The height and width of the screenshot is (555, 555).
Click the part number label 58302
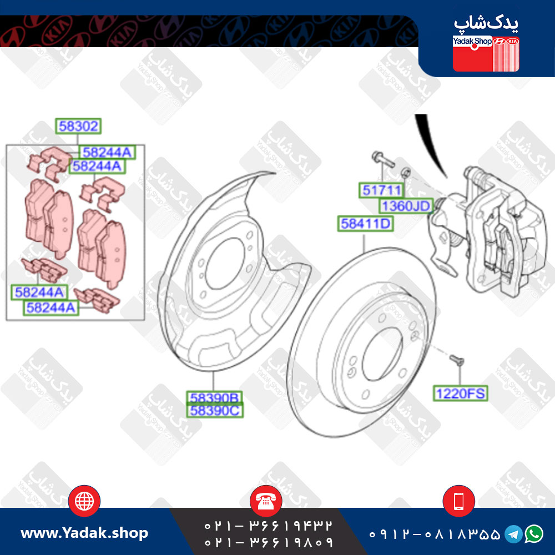coord(78,126)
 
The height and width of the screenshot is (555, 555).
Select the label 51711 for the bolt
coord(381,190)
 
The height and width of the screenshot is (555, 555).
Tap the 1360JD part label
coord(406,206)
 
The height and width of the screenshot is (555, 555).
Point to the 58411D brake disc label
coord(365,224)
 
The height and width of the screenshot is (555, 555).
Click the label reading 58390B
coord(214,398)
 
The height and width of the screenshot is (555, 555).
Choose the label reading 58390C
coord(215,411)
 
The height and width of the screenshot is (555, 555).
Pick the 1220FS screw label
coord(460,393)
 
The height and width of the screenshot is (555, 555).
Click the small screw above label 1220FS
coord(457,361)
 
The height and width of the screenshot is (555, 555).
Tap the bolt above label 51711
coord(383,159)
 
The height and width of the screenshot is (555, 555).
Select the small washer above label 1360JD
coord(406,173)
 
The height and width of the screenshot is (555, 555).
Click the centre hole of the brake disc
coord(382,354)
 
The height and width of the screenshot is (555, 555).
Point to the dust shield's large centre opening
coord(224,263)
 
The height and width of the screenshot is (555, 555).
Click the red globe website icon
coord(84,501)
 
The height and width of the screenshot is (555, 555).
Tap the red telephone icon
coord(266,501)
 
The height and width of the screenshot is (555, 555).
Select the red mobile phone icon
coord(459,501)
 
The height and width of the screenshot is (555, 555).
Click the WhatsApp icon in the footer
coord(534,534)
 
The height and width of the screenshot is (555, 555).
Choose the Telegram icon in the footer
coord(513,534)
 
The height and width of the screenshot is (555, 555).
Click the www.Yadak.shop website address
coord(84,533)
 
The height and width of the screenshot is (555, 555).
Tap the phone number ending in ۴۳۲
coord(269,526)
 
